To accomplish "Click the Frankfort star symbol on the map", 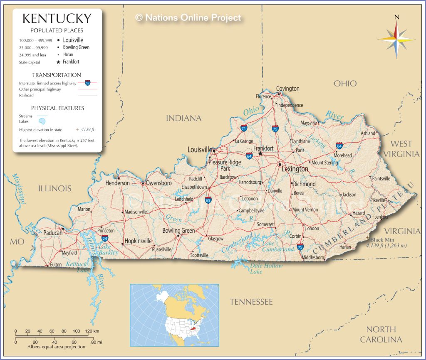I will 260,153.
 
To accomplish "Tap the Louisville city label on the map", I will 200,150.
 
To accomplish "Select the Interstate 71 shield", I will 244,128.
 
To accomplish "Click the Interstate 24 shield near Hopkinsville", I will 105,238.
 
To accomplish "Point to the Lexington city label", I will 295,169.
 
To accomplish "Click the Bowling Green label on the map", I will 178,231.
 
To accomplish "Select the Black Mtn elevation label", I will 382,240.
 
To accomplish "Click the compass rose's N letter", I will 397,17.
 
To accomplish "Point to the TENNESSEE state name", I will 251,302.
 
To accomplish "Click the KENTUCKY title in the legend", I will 57,19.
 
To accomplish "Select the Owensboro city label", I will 159,183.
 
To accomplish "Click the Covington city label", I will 288,89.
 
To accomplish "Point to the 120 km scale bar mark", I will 87,331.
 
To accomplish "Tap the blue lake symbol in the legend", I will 42,121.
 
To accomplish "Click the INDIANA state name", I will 183,118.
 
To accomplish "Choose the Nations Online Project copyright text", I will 188,17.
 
